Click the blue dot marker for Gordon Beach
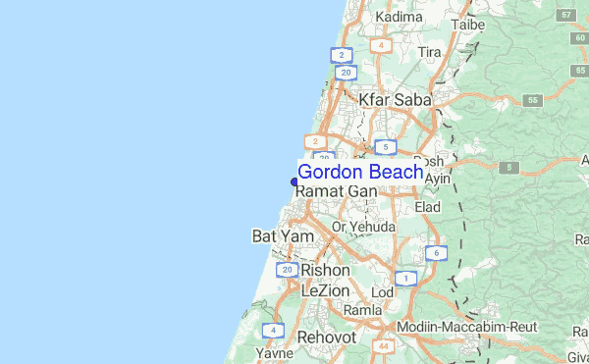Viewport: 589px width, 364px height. (x=294, y=182)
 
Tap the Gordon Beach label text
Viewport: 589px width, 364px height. (x=360, y=172)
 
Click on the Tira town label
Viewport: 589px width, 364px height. (x=429, y=52)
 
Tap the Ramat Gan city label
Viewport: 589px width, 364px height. (x=337, y=190)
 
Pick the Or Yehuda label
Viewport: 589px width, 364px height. (x=363, y=227)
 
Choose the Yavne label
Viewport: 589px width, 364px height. (x=274, y=352)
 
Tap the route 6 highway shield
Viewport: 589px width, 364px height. (x=432, y=253)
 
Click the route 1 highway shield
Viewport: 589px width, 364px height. (x=406, y=279)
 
